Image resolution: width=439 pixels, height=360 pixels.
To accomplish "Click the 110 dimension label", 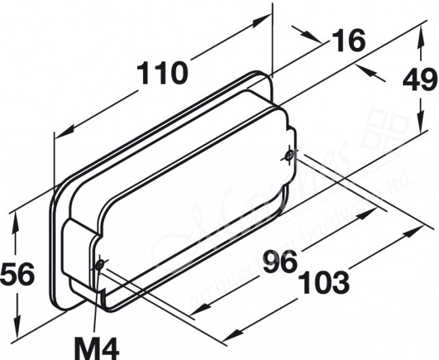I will [x=162, y=72].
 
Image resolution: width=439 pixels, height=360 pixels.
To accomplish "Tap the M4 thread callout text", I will [x=97, y=349].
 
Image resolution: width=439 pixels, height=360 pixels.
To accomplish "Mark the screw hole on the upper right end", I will [x=288, y=156].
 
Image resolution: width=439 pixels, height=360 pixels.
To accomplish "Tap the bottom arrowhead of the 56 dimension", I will [x=16, y=331].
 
